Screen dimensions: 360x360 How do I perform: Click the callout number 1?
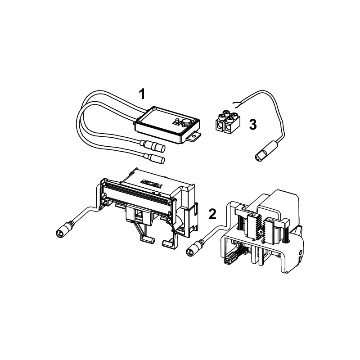142,94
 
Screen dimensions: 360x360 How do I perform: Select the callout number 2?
212,214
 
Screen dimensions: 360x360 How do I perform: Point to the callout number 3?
253,125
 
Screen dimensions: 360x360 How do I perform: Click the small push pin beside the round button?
177,121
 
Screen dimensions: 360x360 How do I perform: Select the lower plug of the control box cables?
154,158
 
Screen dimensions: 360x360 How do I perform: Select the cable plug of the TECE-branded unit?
64,229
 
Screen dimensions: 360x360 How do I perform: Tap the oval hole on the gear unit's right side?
301,253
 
